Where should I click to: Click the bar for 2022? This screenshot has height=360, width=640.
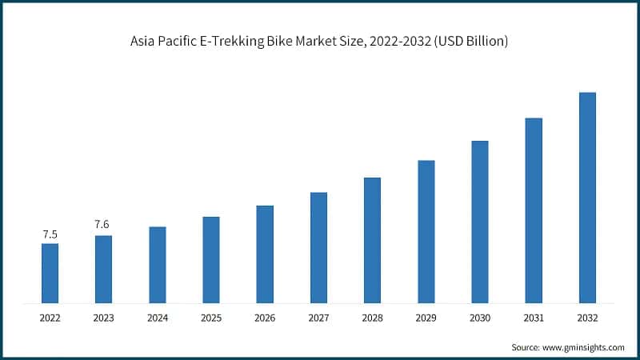(50, 273)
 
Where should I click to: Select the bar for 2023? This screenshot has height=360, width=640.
(103, 269)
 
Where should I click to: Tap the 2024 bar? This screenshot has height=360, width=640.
(158, 265)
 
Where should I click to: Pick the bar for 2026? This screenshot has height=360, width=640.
(265, 254)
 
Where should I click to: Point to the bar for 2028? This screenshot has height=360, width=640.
(372, 240)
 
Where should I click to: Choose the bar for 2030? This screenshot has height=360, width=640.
(480, 222)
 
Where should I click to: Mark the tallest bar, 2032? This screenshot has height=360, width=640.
(587, 198)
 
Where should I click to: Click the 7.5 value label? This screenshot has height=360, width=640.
(50, 234)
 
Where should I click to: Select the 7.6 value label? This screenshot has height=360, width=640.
(102, 224)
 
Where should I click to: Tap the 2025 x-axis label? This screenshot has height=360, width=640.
(211, 318)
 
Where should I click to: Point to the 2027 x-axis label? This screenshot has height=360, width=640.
(318, 318)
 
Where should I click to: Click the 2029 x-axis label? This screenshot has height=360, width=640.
(426, 318)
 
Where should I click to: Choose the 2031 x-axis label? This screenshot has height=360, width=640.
(534, 318)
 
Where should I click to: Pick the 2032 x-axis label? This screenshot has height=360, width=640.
(587, 318)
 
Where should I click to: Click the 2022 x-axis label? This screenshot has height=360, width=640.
(50, 318)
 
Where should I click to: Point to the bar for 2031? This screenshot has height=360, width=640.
(534, 210)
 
